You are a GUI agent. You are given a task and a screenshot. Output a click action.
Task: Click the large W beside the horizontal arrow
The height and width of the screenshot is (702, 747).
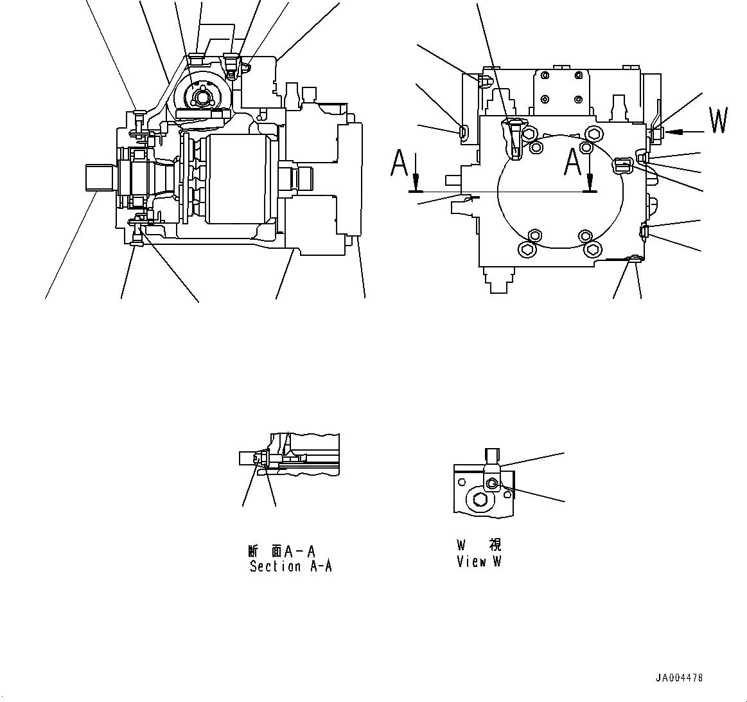718,122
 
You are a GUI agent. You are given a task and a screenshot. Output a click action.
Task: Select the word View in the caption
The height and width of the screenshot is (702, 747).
471,561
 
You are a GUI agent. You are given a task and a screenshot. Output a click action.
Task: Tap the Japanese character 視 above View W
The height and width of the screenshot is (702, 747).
495,545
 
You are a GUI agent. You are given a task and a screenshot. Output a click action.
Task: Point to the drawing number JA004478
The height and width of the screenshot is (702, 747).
679,678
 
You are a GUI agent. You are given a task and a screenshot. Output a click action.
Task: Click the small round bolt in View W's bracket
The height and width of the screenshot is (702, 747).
492,483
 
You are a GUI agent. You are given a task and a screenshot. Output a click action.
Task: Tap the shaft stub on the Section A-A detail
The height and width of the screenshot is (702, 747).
247,458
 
